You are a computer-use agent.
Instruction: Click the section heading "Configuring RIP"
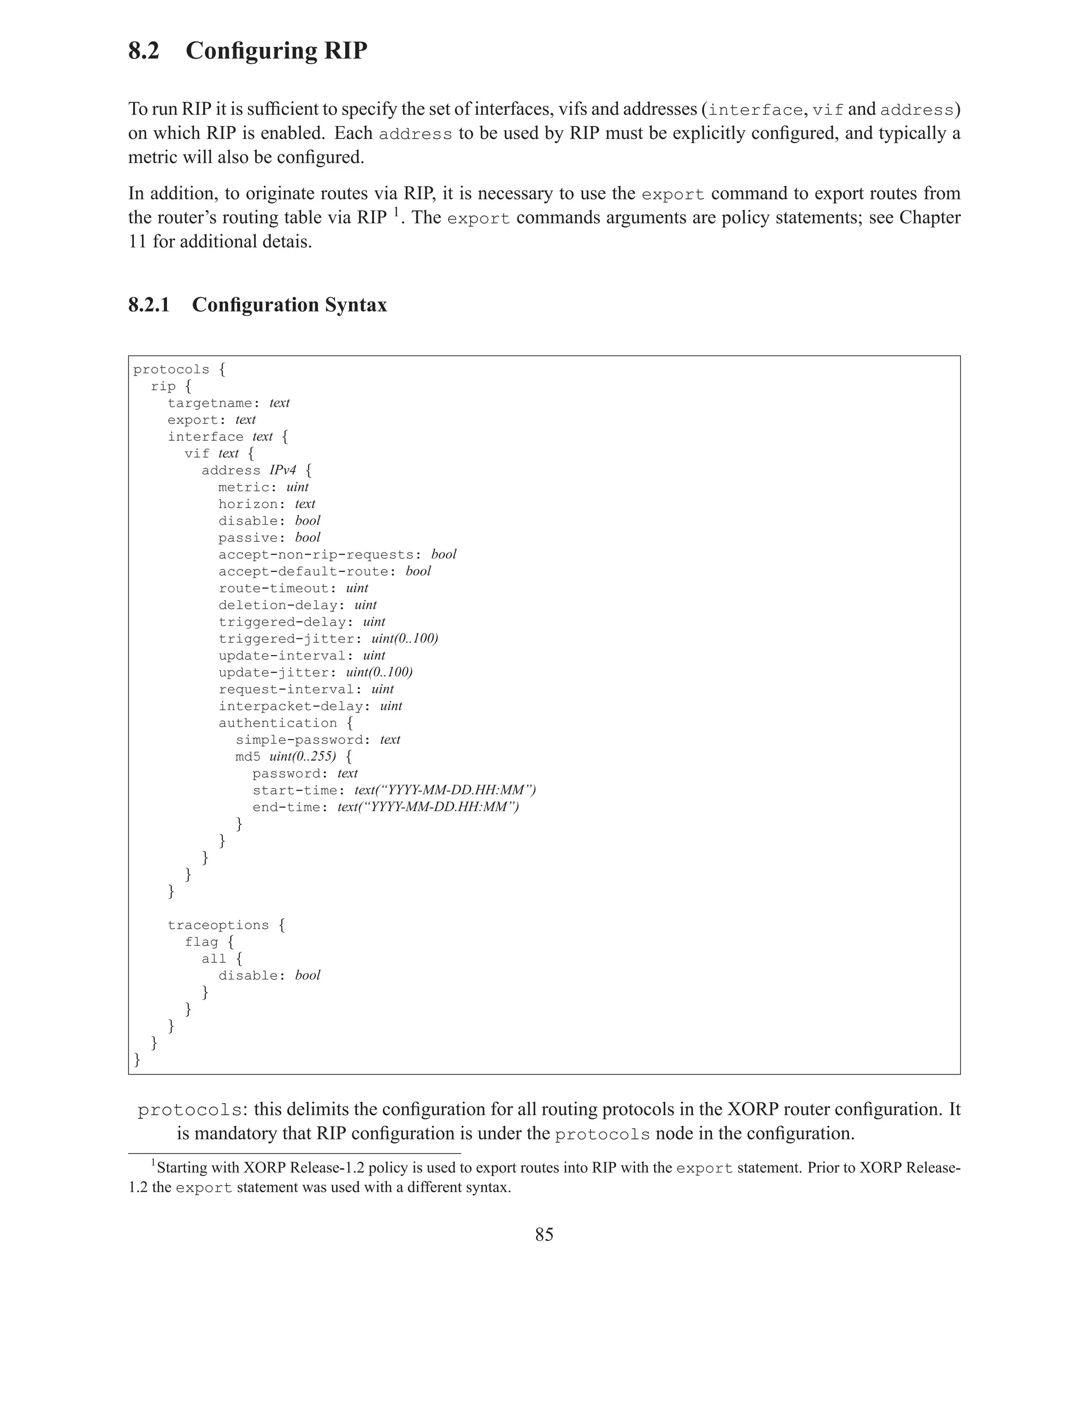click(x=276, y=51)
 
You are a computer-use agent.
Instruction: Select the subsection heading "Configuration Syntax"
click(x=289, y=305)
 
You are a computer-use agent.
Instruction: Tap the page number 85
click(x=544, y=1234)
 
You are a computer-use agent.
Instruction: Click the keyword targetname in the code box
click(x=209, y=403)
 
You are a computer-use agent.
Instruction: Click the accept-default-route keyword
click(x=303, y=572)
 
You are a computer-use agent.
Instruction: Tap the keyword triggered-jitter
click(x=286, y=639)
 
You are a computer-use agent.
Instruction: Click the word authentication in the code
click(x=278, y=723)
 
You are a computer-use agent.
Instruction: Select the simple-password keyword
click(x=298, y=740)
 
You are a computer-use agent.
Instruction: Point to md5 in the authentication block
click(x=248, y=757)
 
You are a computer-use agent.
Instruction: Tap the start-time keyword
click(x=294, y=790)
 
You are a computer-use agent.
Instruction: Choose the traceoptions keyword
click(x=218, y=925)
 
